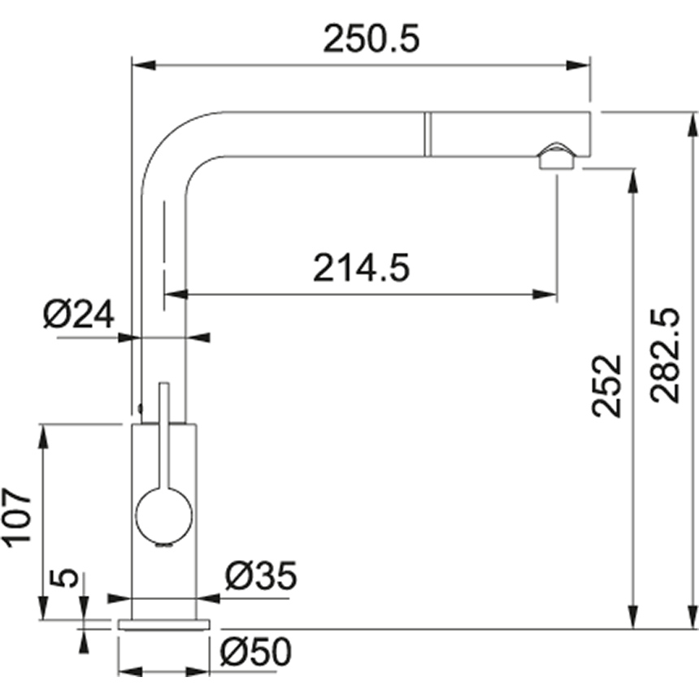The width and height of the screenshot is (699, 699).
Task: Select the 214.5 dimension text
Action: coord(361,267)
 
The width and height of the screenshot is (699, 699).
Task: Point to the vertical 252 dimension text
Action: coord(606,386)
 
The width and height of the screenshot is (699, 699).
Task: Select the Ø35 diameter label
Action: coord(260,576)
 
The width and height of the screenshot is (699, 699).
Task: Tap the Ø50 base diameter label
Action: coord(255,651)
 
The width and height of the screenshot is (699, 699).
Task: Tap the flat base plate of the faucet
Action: coord(164,623)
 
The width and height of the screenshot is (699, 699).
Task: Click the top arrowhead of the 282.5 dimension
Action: coord(692,124)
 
